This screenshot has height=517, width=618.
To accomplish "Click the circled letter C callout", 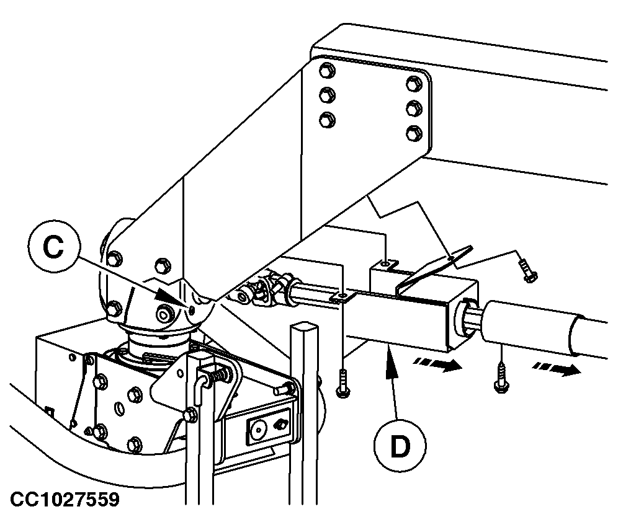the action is (x=53, y=248).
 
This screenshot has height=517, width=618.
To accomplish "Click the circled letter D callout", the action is (x=400, y=446).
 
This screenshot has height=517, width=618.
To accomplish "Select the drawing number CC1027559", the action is (x=65, y=500).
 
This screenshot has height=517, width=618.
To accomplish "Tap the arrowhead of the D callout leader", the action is (x=390, y=355).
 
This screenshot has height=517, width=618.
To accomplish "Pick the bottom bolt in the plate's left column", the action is (x=326, y=119).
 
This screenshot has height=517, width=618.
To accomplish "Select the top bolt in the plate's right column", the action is (x=413, y=84).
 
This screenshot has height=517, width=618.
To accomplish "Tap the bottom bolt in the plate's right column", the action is (x=413, y=133).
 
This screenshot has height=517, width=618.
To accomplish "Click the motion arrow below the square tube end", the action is (x=437, y=365).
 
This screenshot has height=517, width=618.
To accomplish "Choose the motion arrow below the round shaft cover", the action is (x=556, y=369).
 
